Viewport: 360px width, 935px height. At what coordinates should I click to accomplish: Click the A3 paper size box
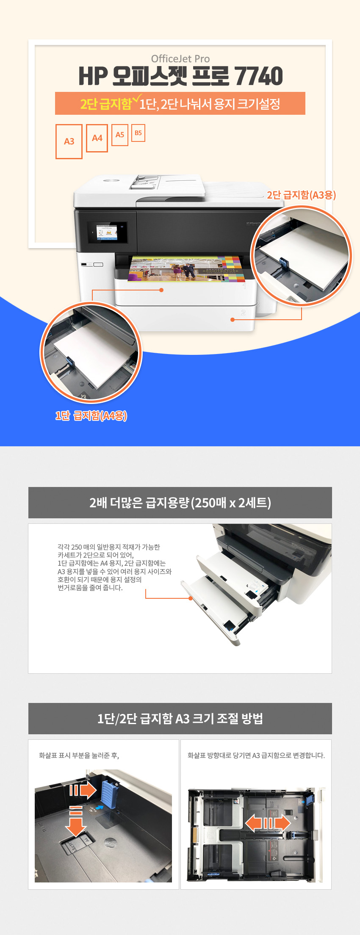69,141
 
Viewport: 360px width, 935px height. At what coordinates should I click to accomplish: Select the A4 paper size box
97,138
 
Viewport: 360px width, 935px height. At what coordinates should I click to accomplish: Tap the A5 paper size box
120,135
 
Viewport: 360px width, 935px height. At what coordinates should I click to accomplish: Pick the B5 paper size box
138,133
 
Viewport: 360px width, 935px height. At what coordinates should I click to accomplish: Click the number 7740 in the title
259,76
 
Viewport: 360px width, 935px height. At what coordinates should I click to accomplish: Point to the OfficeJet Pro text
180,59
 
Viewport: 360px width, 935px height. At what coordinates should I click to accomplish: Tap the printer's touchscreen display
107,232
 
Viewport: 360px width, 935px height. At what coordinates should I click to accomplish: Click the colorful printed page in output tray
186,269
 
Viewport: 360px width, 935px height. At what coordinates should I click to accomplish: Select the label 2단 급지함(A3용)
301,195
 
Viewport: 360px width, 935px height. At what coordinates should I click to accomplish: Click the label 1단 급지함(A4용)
91,415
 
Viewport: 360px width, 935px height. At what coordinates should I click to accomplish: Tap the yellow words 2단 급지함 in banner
106,104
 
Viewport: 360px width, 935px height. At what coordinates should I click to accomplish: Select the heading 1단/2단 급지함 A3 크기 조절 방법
180,719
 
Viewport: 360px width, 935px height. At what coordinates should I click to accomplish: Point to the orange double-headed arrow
268,823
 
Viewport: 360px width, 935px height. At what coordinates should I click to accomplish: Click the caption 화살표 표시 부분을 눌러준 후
79,755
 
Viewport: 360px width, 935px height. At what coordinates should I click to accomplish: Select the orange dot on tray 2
232,320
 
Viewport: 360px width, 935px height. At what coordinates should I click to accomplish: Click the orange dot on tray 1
161,290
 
